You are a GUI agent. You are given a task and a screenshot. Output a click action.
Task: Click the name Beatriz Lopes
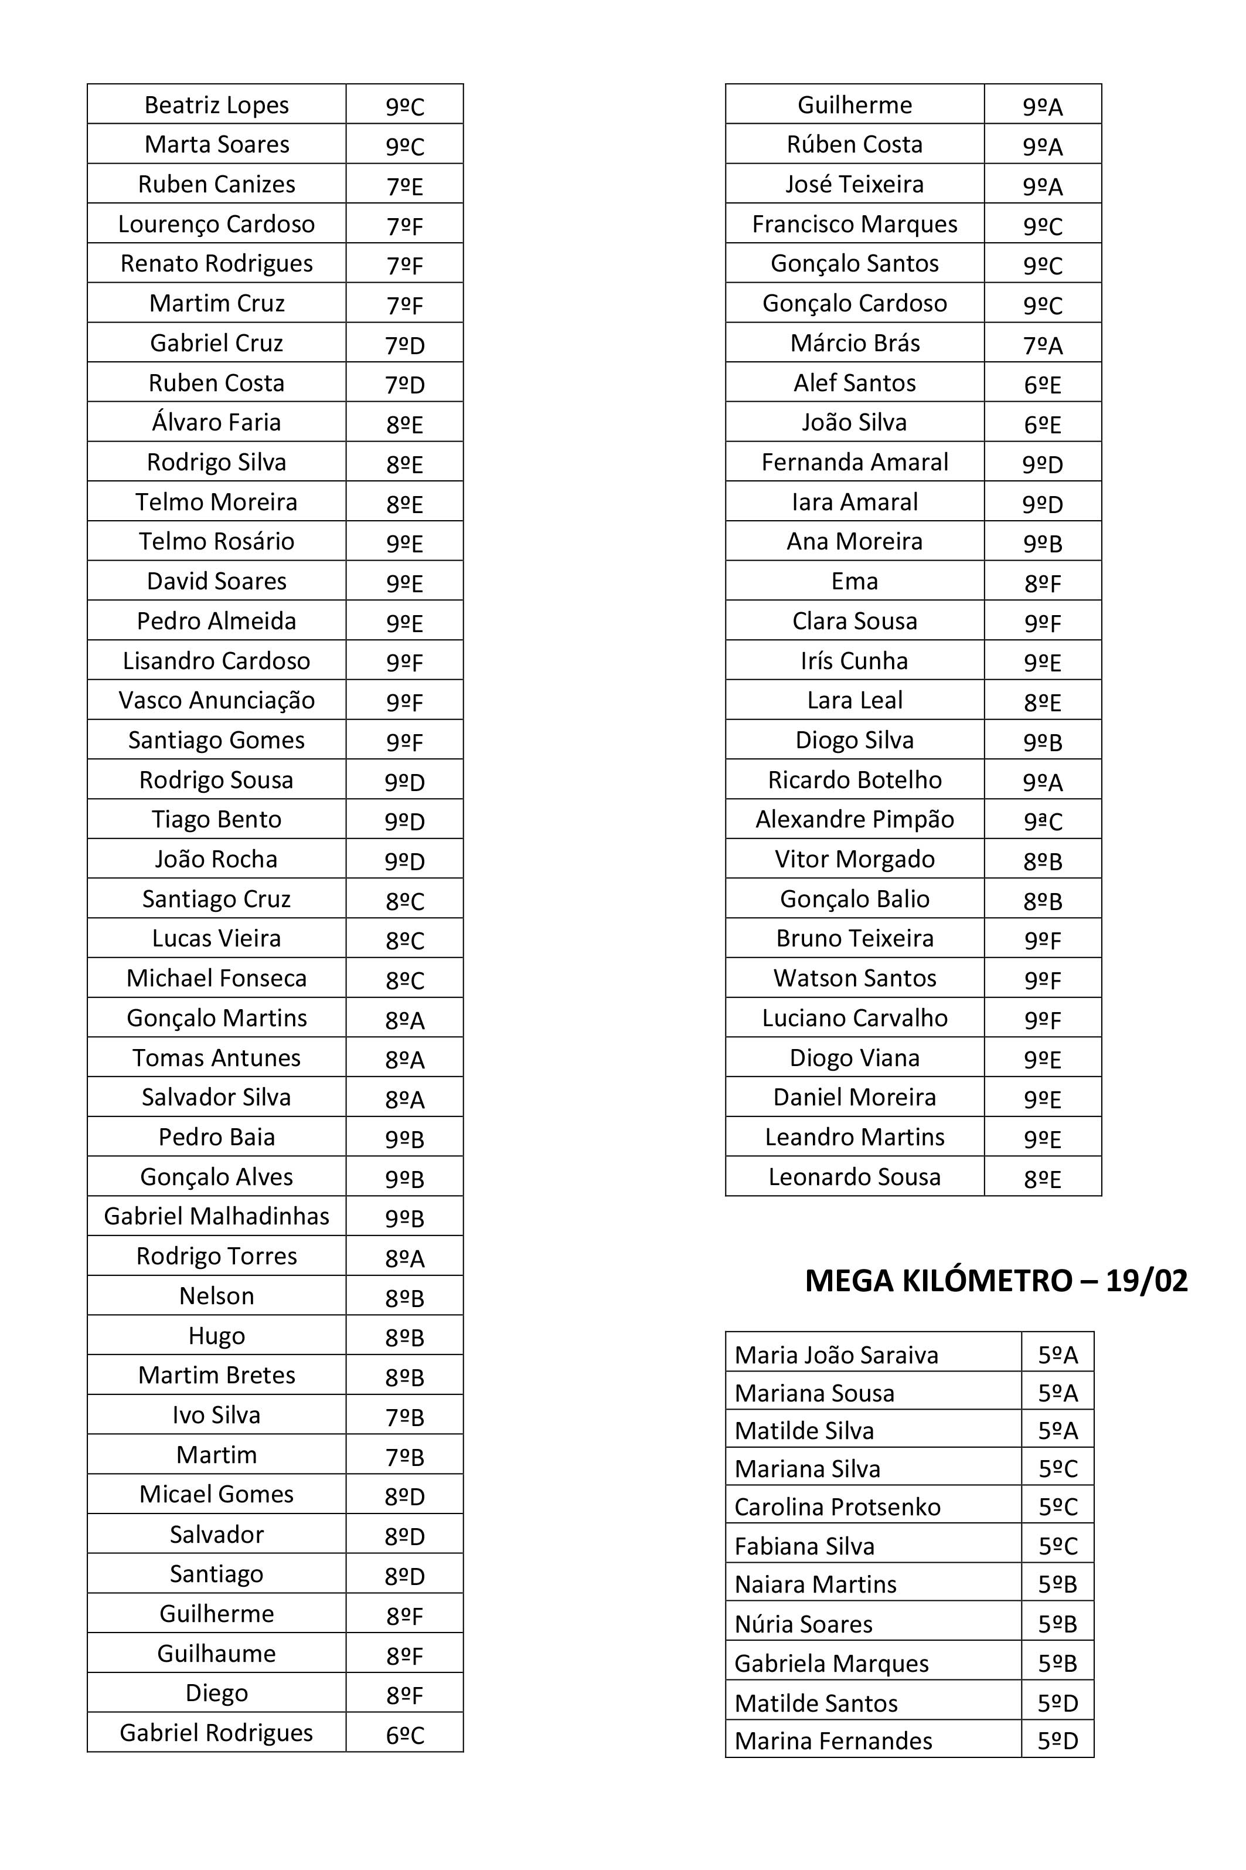click(216, 105)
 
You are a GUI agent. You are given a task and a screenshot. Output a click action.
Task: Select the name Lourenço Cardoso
click(216, 224)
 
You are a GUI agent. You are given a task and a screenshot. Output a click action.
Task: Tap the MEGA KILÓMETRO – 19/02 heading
click(996, 1281)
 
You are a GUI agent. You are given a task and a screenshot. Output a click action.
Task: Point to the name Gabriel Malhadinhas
click(216, 1216)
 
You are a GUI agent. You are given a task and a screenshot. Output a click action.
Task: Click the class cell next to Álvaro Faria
click(404, 423)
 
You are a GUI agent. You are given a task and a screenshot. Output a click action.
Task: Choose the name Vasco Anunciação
click(216, 701)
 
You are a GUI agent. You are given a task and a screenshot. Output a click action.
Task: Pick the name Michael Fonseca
click(216, 978)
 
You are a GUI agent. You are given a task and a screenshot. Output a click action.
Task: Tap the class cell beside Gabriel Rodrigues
click(404, 1733)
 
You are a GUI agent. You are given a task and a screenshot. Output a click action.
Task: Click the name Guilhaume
click(216, 1654)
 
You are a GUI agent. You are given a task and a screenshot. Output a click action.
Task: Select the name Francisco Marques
click(855, 224)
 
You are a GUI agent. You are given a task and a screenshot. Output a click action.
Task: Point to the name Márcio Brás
click(855, 344)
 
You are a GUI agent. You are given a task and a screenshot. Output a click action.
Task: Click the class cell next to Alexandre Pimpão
click(1043, 820)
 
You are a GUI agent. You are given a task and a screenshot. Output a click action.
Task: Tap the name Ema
click(855, 581)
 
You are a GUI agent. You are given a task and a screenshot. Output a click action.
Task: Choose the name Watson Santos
click(855, 978)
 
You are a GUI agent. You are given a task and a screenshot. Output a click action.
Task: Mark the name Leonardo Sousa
click(855, 1177)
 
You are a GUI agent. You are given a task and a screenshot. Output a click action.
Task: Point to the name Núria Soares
click(804, 1624)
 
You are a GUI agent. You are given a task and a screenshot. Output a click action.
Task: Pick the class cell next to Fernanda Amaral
click(1043, 463)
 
